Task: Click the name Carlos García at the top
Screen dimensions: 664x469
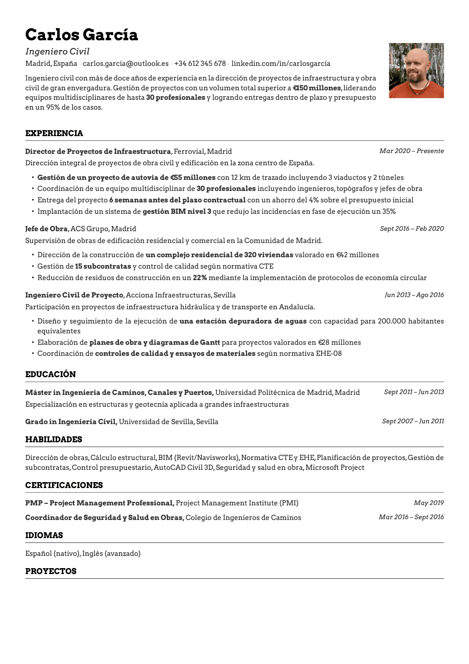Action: pyautogui.click(x=82, y=35)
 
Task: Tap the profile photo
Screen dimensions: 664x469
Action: pyautogui.click(x=416, y=71)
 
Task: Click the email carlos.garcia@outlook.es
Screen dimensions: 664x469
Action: pyautogui.click(x=125, y=64)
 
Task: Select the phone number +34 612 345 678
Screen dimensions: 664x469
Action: pyautogui.click(x=200, y=64)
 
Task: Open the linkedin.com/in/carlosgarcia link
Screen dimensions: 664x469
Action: pyautogui.click(x=281, y=64)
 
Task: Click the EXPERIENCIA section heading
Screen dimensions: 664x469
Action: pyautogui.click(x=54, y=133)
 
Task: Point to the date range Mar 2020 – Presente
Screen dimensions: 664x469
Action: pyautogui.click(x=411, y=151)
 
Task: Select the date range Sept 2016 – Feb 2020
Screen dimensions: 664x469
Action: pyautogui.click(x=411, y=229)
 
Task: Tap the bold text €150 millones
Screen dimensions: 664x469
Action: pyautogui.click(x=317, y=88)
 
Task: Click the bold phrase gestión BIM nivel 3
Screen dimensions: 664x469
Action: pyautogui.click(x=177, y=211)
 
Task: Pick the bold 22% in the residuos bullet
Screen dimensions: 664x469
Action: pyautogui.click(x=200, y=278)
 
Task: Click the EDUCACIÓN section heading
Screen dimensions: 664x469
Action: pyautogui.click(x=50, y=374)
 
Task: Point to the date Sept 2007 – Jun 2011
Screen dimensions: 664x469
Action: pyautogui.click(x=413, y=421)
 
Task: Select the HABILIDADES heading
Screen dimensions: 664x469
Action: pyautogui.click(x=54, y=440)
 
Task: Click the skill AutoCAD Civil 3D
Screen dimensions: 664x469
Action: pyautogui.click(x=183, y=468)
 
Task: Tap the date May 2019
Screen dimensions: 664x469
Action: pyautogui.click(x=428, y=503)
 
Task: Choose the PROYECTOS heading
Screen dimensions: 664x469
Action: pyautogui.click(x=51, y=571)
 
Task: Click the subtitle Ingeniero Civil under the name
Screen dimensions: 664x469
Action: pyautogui.click(x=57, y=52)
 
